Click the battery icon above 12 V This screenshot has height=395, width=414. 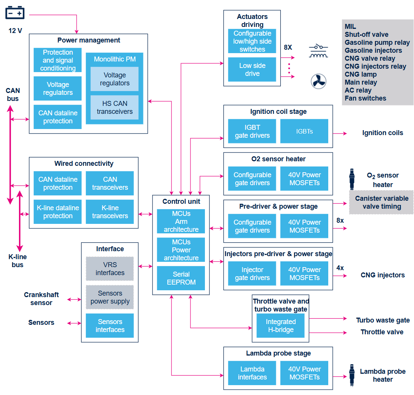tap(15, 13)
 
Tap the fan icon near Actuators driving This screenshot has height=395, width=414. tap(318, 81)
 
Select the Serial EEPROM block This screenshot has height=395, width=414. tap(181, 278)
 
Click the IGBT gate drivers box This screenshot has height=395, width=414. tap(252, 131)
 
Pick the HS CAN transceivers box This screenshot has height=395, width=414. tap(115, 107)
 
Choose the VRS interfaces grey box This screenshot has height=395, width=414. tap(110, 269)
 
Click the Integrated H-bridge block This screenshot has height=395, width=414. tap(280, 326)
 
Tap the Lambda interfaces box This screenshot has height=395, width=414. tap(252, 373)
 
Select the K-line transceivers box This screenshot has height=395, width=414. tap(110, 212)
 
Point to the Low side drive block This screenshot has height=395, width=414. tap(252, 69)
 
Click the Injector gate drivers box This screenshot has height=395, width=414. tap(252, 274)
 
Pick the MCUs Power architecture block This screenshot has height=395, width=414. tap(181, 250)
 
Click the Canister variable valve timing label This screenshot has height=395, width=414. tap(381, 202)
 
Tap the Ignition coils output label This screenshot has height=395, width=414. tap(383, 133)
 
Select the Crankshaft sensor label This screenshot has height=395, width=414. tap(41, 299)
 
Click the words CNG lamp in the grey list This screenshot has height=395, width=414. tap(360, 74)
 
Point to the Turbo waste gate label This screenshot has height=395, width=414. tap(383, 320)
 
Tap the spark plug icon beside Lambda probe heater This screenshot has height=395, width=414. tap(352, 376)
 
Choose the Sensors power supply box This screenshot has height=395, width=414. tap(110, 297)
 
